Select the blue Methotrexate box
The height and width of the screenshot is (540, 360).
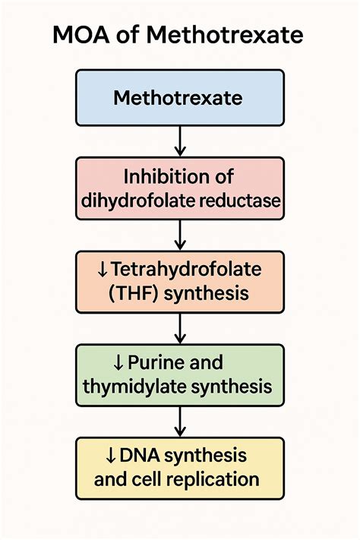coord(180,97)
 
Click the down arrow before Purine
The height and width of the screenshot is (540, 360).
coord(117,362)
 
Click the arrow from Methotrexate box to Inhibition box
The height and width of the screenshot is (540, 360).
coord(180,141)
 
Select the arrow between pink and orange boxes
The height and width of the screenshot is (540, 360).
coord(180,235)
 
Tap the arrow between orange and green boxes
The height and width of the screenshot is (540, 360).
coord(180,328)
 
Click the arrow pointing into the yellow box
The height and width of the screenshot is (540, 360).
coord(180,422)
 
